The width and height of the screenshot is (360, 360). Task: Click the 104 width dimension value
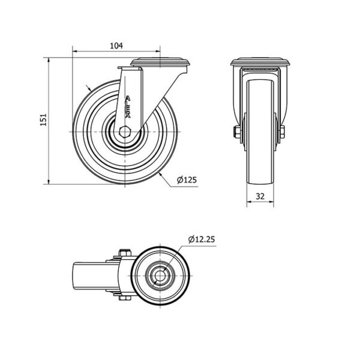pos(116,46)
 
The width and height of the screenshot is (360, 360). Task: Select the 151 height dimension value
pos(43,119)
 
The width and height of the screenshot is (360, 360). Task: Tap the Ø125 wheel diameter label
pos(187,180)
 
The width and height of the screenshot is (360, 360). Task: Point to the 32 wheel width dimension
pos(260,196)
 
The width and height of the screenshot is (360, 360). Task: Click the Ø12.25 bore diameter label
pos(202,239)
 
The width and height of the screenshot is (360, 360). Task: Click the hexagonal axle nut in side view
pos(125,132)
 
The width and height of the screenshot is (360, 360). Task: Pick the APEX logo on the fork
pos(128,107)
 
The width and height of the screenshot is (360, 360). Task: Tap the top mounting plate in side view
pos(160,62)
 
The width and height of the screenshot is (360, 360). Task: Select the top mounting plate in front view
pos(260,62)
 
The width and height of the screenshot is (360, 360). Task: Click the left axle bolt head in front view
pos(236,132)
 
